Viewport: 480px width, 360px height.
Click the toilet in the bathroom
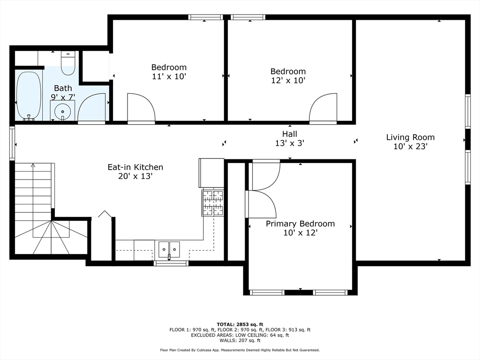click(68, 63)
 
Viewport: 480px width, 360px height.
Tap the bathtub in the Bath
click(29, 96)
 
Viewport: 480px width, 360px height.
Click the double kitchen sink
click(169, 249)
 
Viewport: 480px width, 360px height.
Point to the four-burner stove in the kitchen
click(213, 203)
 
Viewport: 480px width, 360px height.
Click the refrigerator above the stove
click(211, 173)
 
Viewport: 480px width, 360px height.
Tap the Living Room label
click(410, 137)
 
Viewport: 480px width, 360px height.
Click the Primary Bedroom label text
click(300, 224)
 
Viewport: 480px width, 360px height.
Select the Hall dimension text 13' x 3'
click(290, 143)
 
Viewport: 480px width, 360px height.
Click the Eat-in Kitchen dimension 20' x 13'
click(135, 176)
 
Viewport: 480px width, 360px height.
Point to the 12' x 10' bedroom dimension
click(288, 80)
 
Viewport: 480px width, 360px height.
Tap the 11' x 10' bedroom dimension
click(169, 76)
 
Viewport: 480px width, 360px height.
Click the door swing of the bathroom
click(91, 107)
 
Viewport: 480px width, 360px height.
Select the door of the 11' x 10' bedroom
click(141, 107)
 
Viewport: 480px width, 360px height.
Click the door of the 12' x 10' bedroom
click(323, 107)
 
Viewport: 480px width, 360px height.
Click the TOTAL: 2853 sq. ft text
click(240, 324)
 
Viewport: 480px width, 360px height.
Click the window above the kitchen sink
click(171, 263)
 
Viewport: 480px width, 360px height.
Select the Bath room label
click(63, 88)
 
